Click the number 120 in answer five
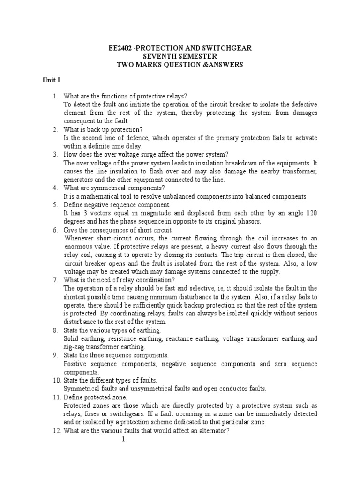pos(311,213)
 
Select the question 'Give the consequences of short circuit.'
pos(118,230)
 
